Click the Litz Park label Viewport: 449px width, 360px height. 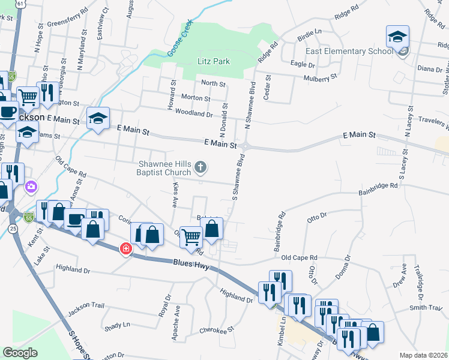pos(214,61)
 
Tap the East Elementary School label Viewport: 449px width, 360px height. pos(349,51)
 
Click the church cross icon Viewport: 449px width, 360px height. pos(202,166)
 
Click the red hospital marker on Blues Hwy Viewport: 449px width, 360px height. pos(126,248)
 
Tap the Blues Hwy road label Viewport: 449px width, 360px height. pos(191,263)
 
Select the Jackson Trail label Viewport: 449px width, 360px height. pos(86,306)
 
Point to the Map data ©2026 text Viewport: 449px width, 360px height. pos(423,355)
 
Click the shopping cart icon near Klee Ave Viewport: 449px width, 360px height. pos(191,236)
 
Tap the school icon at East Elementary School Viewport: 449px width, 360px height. pos(397,37)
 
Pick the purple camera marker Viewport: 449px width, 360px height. pos(31,188)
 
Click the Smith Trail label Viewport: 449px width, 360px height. pos(426,308)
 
